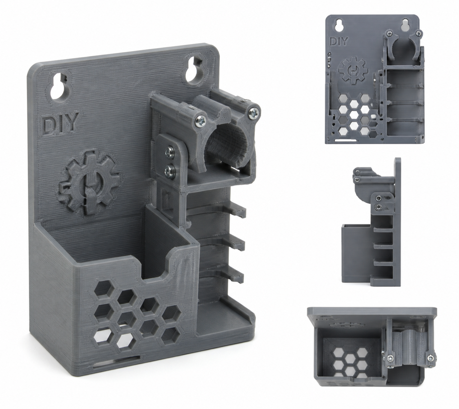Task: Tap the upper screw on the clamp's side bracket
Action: pyautogui.click(x=170, y=150)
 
